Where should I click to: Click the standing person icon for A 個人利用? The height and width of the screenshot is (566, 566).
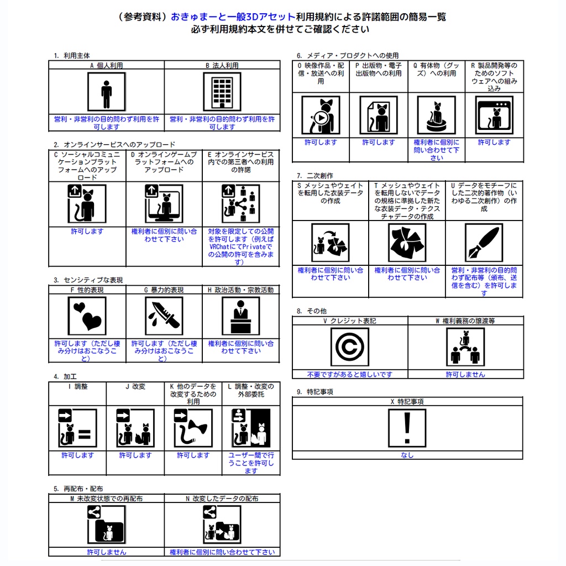[x=106, y=91]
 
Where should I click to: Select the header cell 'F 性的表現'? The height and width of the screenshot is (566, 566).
[x=87, y=290]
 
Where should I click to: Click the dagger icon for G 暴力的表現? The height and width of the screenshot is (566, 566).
[x=164, y=316]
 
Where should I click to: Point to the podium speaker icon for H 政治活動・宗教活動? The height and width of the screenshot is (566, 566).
[x=240, y=316]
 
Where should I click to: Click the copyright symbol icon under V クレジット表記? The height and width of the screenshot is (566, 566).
[x=349, y=347]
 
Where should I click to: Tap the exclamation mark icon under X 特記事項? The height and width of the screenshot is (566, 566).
[x=407, y=427]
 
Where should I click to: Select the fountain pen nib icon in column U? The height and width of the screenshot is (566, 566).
[x=484, y=242]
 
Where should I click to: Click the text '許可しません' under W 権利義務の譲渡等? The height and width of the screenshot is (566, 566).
[x=465, y=374]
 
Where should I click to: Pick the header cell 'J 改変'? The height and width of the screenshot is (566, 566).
[x=135, y=386]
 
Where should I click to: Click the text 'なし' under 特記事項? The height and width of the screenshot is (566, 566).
[x=407, y=455]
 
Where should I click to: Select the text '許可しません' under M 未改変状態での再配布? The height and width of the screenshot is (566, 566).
[x=106, y=552]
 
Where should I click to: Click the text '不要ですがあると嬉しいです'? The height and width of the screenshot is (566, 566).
[x=350, y=374]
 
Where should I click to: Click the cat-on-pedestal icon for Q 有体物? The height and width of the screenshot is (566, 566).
[x=436, y=116]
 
